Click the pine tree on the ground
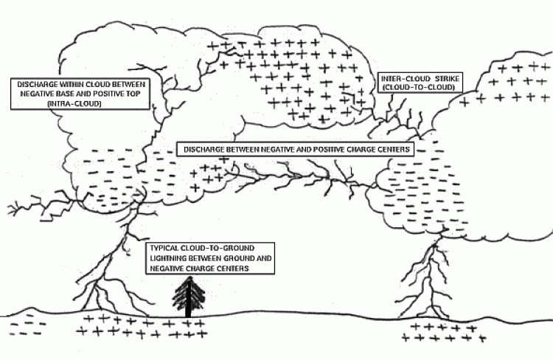coord(189,297)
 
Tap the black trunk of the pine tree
coord(189,300)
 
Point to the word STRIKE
coord(447,78)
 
